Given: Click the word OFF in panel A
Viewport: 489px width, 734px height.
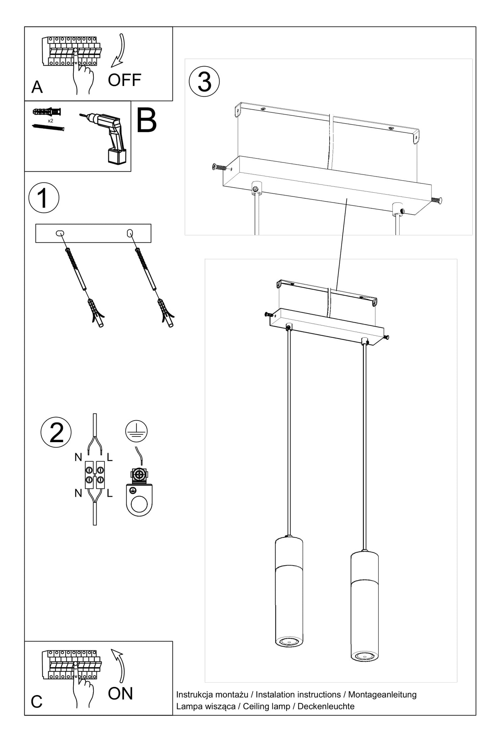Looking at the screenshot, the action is (124, 80).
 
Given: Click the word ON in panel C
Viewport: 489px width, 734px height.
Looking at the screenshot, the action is (120, 693).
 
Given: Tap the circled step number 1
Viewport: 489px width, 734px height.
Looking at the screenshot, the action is (44, 198).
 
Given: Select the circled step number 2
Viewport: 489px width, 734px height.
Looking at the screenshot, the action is (56, 432).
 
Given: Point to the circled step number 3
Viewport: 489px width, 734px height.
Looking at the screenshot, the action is (204, 82).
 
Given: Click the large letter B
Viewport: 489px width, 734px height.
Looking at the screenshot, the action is (147, 121).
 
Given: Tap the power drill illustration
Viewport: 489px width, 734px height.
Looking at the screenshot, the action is (105, 138).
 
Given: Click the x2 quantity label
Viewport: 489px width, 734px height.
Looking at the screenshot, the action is (50, 121).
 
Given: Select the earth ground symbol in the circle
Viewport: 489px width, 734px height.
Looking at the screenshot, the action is (136, 431).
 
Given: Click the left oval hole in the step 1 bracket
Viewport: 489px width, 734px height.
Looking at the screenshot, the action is (60, 233).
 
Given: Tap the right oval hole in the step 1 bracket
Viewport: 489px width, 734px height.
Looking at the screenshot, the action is (130, 233).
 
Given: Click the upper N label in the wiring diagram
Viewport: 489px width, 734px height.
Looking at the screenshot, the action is (78, 457).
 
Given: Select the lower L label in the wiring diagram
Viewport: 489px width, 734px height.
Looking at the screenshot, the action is (109, 494).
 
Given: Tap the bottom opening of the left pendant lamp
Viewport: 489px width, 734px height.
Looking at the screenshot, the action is (289, 641).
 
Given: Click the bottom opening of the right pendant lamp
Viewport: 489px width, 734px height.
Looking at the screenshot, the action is (364, 656).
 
